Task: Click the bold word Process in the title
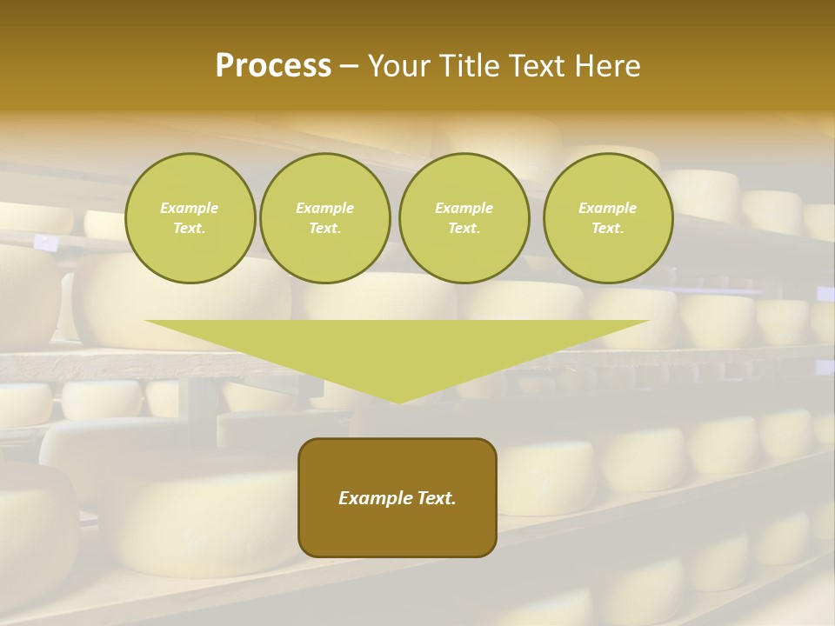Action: (x=273, y=66)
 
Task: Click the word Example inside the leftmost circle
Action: (x=190, y=208)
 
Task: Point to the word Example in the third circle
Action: (x=464, y=208)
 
